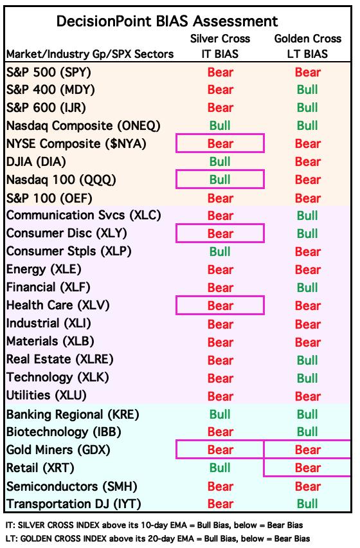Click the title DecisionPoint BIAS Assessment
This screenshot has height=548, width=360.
[167, 21]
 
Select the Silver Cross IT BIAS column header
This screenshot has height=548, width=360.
[220, 46]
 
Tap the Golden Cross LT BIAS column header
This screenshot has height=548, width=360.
[308, 46]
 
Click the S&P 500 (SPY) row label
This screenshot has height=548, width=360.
[48, 72]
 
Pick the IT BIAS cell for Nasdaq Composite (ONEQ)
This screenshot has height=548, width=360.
[220, 125]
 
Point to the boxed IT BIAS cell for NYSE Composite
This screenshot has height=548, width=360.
[220, 143]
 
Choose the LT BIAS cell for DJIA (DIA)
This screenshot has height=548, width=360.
[308, 161]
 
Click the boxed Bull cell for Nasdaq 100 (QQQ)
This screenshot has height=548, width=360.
[220, 179]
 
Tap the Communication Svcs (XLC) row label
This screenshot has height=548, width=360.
[84, 215]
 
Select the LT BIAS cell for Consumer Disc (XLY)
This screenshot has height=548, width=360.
[308, 233]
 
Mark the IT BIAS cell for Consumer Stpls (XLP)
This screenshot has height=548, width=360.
[220, 251]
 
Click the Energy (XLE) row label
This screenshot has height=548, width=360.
[44, 269]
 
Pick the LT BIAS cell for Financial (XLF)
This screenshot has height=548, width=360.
[308, 288]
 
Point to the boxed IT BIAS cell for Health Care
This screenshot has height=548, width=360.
[220, 306]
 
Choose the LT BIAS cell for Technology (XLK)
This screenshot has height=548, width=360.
[308, 378]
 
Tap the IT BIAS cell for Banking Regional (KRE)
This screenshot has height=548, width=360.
[220, 414]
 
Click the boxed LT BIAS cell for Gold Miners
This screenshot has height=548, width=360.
[307, 450]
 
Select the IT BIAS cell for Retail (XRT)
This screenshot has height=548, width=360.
[220, 468]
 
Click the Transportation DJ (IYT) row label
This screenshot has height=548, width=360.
[74, 504]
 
